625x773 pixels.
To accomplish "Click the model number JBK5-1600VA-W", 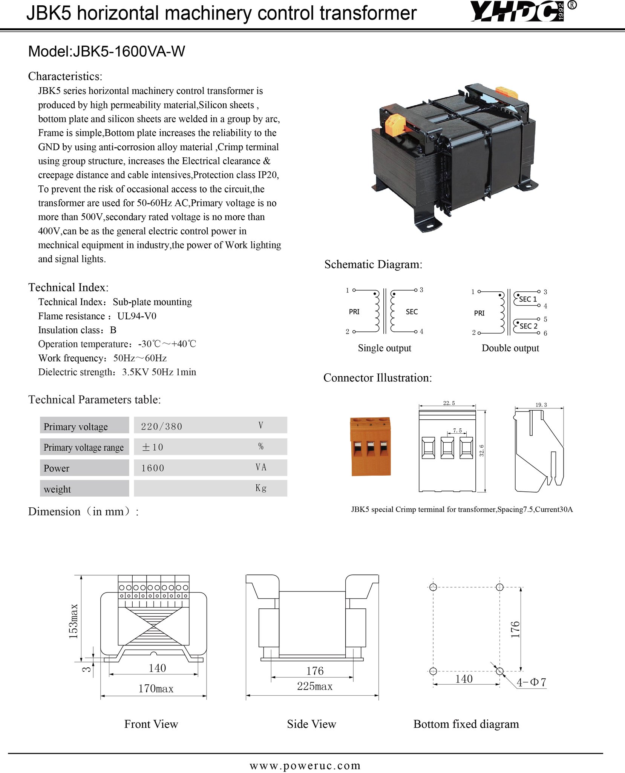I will point(129,52).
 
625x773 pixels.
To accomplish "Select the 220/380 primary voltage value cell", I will point(162,427).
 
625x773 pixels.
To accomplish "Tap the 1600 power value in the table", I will point(153,468).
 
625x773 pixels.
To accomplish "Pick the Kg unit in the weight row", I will point(261,488).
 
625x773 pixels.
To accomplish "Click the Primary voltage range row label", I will point(84,447).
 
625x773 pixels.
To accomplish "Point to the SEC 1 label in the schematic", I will point(528,299).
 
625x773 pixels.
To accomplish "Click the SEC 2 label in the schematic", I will point(528,326).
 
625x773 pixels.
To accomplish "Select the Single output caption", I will point(384,348).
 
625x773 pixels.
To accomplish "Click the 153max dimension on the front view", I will point(74,622).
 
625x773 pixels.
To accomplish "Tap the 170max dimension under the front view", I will point(156,689).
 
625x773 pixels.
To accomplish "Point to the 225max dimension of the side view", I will point(315,686).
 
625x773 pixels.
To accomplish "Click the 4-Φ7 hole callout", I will point(531,682).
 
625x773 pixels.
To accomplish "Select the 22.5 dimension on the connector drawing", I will point(449,403).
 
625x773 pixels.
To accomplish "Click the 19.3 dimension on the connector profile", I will point(541,405).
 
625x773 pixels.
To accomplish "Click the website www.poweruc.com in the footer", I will point(305,765).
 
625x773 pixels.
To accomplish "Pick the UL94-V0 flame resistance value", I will point(137,316).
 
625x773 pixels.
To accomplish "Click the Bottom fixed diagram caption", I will point(466,724).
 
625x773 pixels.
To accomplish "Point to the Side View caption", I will point(311,724).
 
